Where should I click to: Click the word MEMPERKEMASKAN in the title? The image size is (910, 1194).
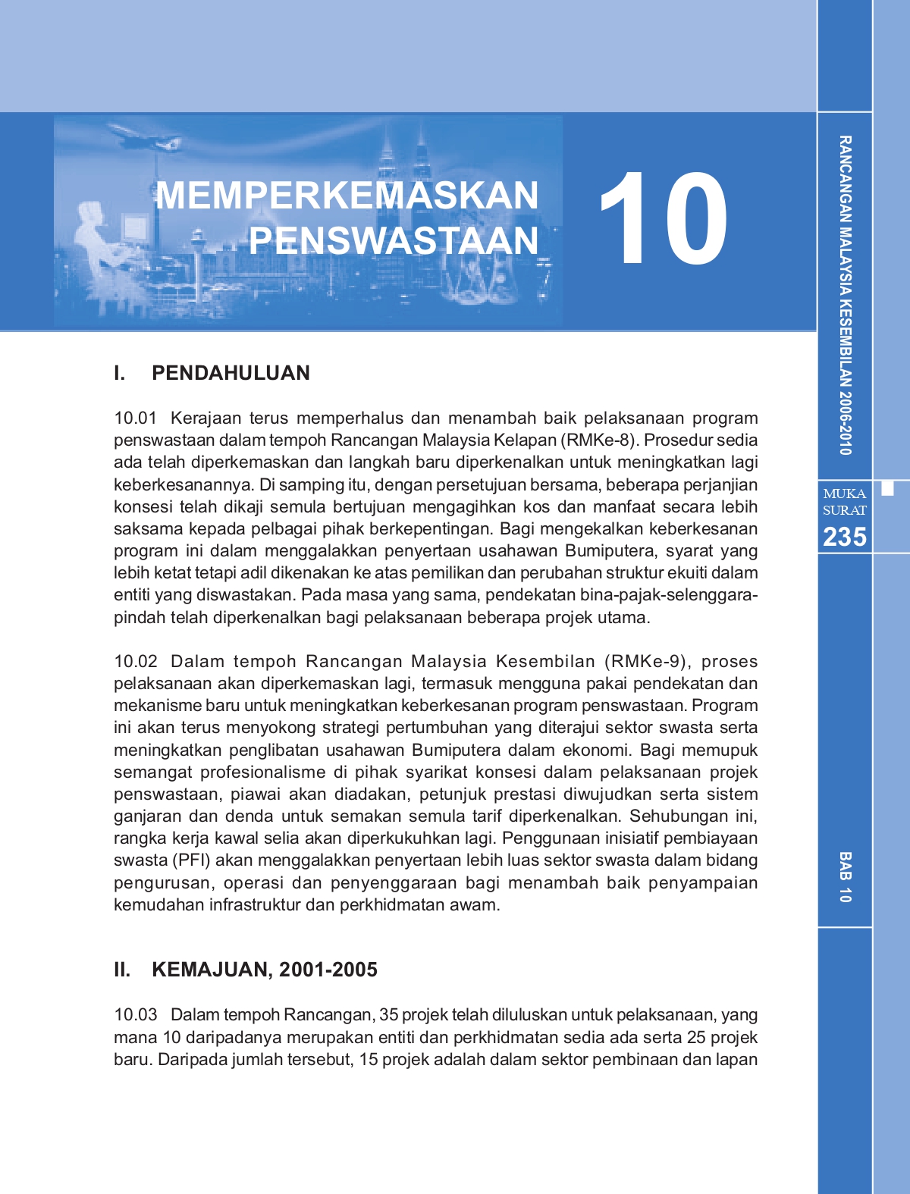347,196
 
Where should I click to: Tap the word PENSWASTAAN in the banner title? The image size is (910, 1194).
393,241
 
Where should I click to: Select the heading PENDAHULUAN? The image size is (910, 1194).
231,373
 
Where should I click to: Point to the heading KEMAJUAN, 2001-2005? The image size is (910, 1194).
265,970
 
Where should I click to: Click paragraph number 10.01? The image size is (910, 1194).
135,418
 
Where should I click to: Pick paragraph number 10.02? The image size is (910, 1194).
135,662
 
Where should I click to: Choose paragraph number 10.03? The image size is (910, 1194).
135,1015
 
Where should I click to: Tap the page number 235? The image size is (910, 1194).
844,537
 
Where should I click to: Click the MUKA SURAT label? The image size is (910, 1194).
844,502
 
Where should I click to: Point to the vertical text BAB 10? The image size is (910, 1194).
845,877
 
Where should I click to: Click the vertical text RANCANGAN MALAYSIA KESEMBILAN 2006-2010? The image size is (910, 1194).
845,296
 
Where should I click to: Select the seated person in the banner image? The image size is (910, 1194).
95,235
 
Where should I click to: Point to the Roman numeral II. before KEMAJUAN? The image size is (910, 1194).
121,970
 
